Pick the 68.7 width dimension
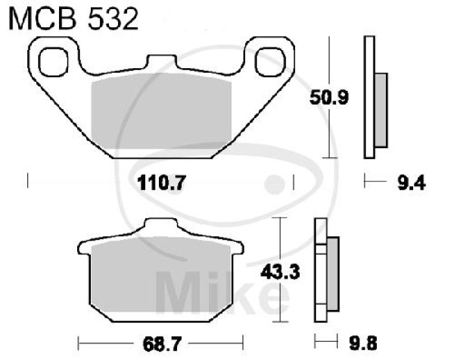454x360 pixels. coord(160,343)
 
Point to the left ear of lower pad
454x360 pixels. coord(83,248)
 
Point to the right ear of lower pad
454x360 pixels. coord(238,248)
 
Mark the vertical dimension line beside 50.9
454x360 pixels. coord(327,97)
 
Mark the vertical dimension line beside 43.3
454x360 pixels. coord(279,270)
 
